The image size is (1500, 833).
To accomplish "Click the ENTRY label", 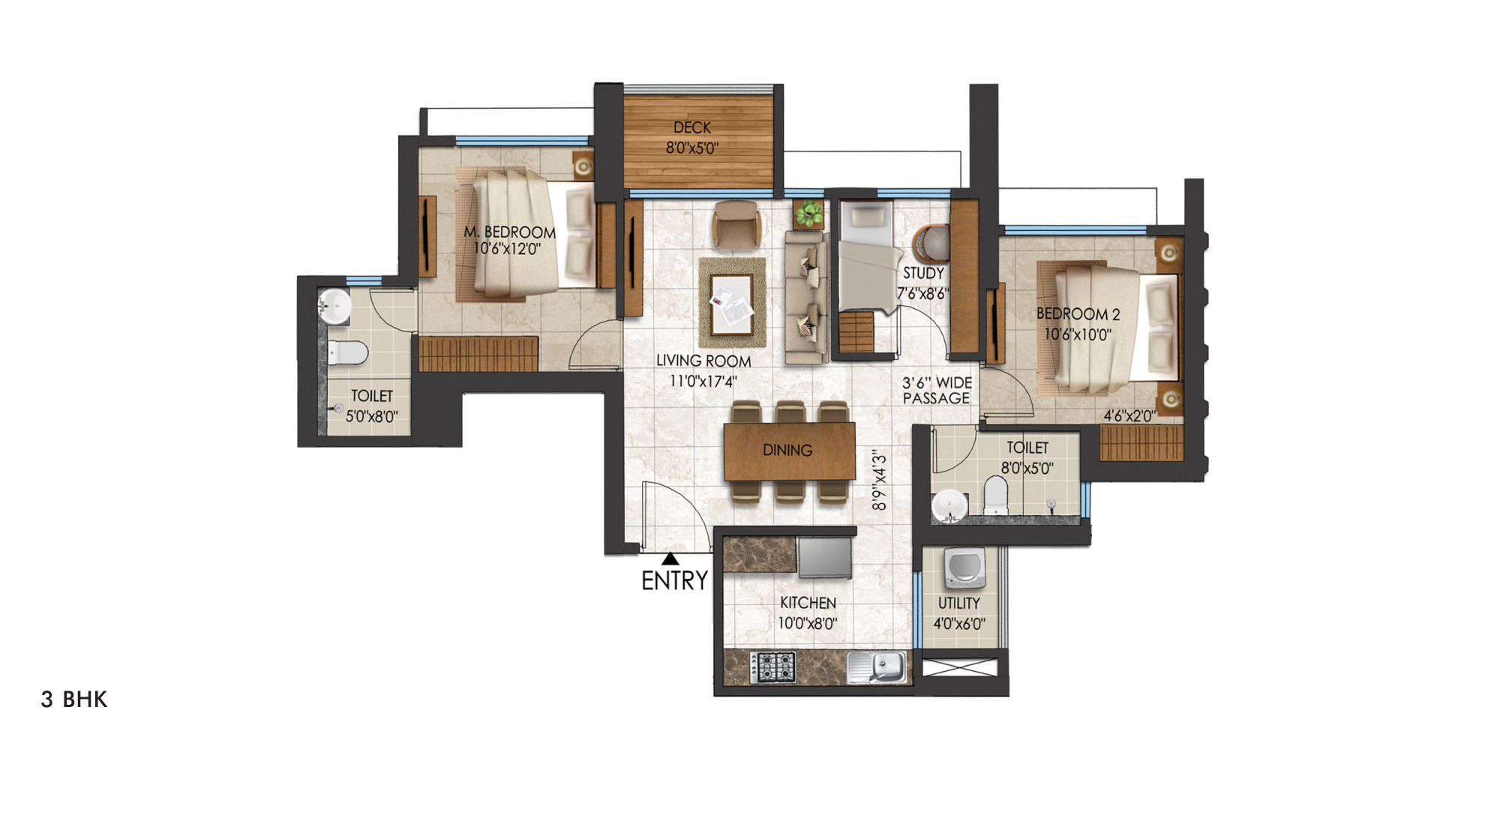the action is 674,580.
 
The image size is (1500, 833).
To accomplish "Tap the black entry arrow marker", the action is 670,559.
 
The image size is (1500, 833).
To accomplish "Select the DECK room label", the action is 691,127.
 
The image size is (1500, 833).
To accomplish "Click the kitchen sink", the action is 876,667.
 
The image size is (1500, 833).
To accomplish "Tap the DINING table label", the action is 787,450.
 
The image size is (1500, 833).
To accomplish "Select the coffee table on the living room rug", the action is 732,304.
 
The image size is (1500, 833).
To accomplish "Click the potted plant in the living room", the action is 809,213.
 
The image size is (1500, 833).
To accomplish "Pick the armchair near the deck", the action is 737,223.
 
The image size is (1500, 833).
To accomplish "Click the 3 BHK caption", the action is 74,700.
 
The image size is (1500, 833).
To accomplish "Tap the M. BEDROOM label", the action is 509,232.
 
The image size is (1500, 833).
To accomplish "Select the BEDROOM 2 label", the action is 1078,314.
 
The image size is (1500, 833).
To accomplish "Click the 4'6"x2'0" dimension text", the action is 1129,416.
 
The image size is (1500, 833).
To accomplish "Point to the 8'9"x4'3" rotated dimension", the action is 879,481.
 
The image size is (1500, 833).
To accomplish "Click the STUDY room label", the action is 923,274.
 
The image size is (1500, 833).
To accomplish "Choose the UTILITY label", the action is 959,604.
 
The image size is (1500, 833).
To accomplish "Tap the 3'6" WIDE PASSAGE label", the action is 937,391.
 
